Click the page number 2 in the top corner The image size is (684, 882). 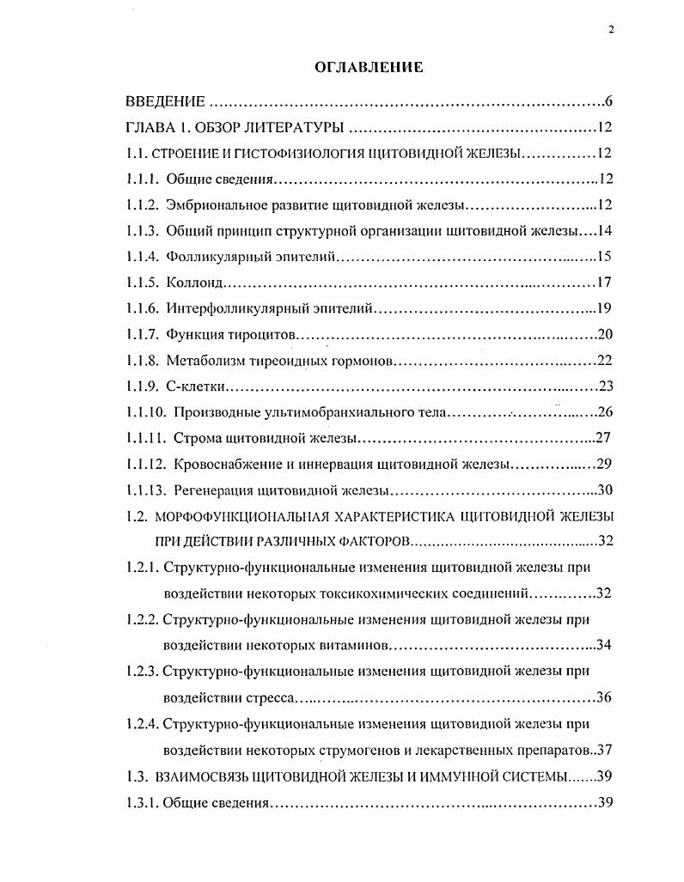tap(610, 29)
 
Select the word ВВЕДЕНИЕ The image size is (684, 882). tap(165, 102)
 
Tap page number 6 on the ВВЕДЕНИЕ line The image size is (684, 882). tap(608, 102)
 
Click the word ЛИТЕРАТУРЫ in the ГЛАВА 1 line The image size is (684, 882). tap(296, 128)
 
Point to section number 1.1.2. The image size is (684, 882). tap(143, 205)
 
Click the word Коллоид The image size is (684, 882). tap(198, 283)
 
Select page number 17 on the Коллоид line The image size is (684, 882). tap(603, 283)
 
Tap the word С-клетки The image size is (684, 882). tap(197, 386)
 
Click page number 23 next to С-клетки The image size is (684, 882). tap(603, 386)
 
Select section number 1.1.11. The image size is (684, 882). tap(146, 438)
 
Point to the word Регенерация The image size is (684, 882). tap(210, 490)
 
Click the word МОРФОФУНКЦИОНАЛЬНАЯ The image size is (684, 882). tap(234, 516)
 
